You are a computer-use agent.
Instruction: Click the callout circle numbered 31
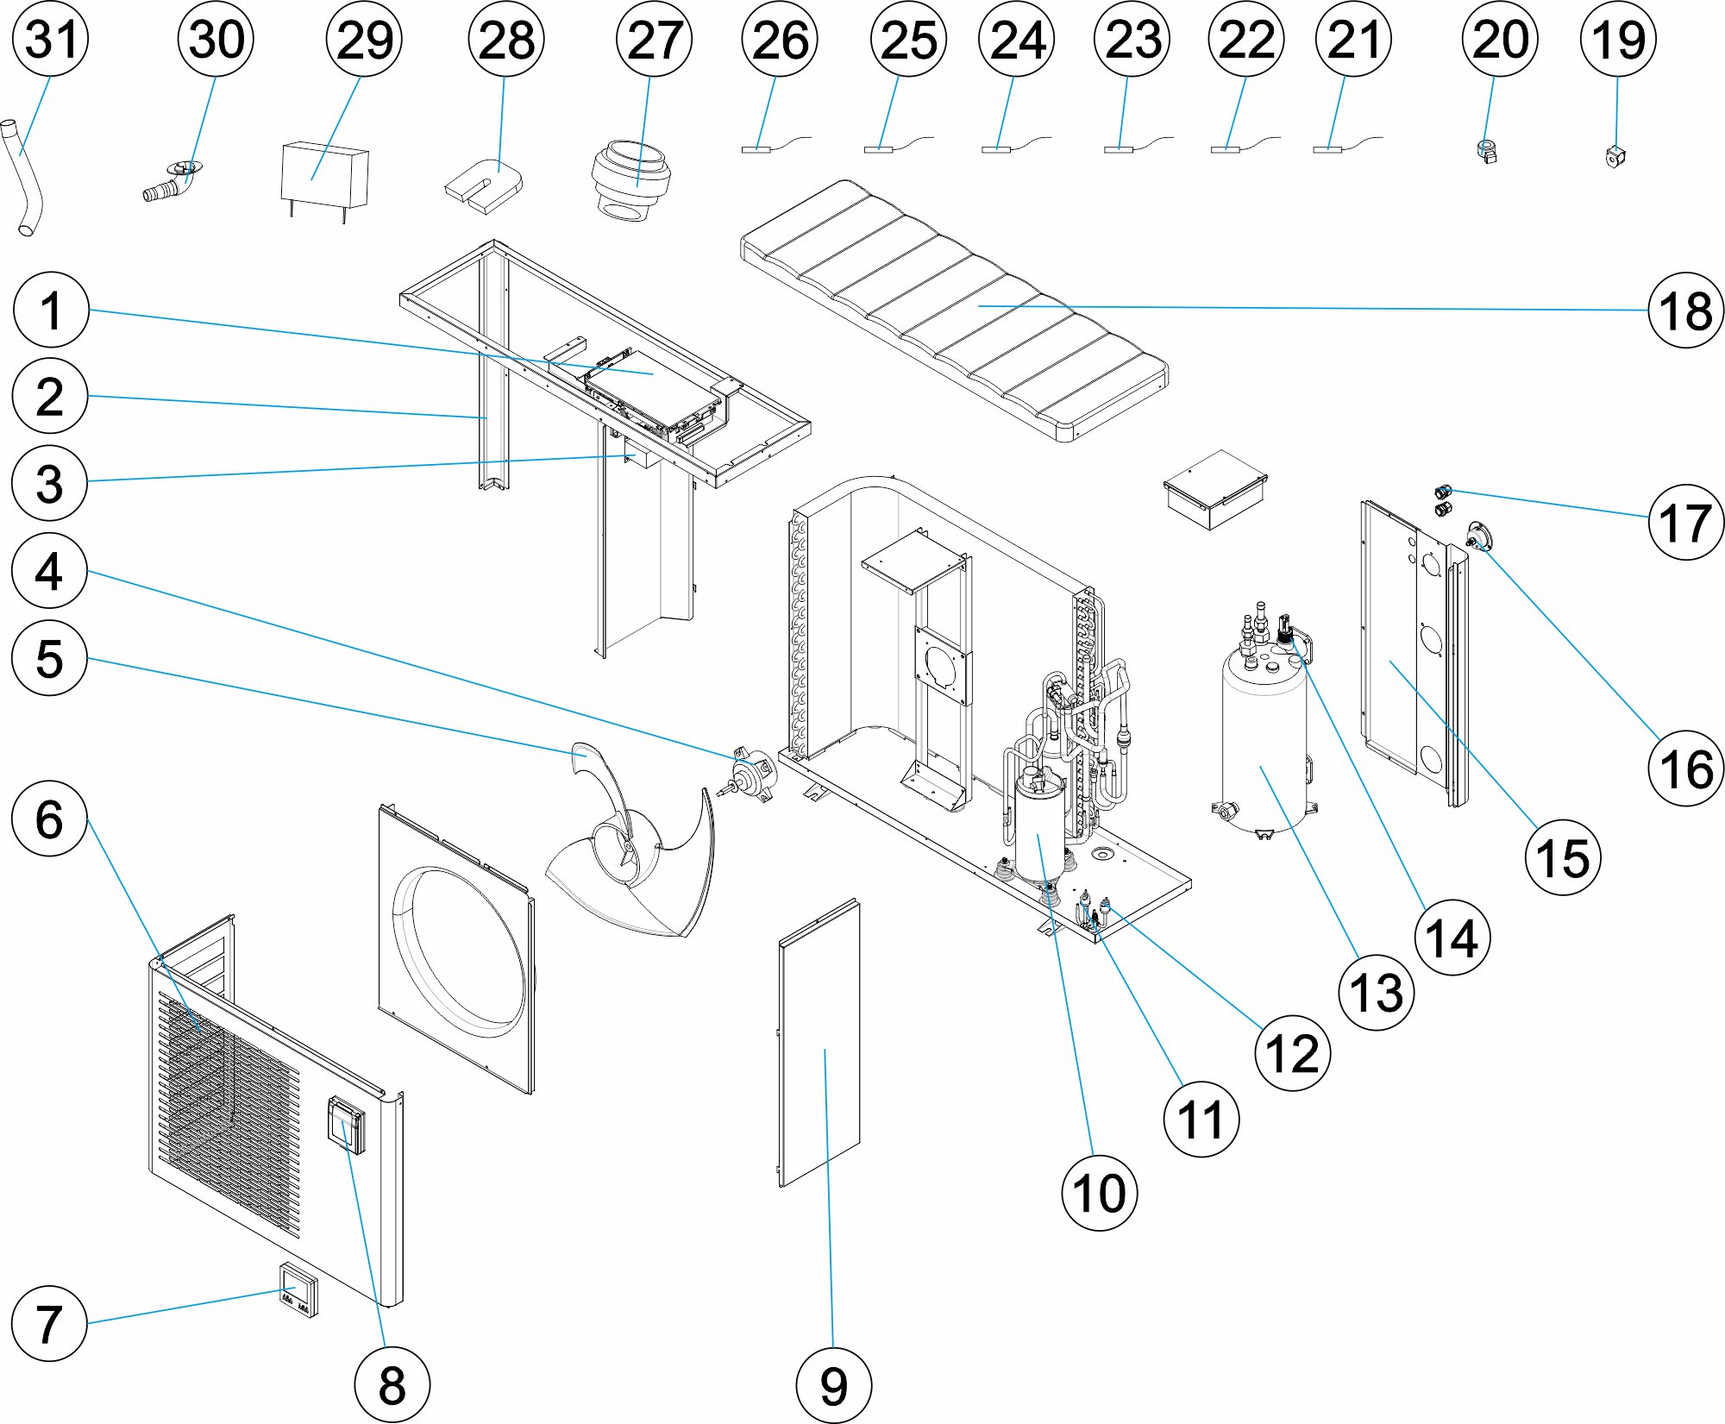point(51,40)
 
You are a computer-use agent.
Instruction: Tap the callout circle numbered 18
point(1684,311)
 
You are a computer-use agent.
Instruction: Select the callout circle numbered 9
point(832,1385)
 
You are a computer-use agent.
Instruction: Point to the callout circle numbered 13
point(1376,993)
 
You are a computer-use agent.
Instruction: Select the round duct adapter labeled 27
point(630,182)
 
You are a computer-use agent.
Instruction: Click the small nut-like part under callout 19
point(1615,157)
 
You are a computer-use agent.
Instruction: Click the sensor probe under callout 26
point(756,149)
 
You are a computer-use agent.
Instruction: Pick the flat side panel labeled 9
point(819,1044)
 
